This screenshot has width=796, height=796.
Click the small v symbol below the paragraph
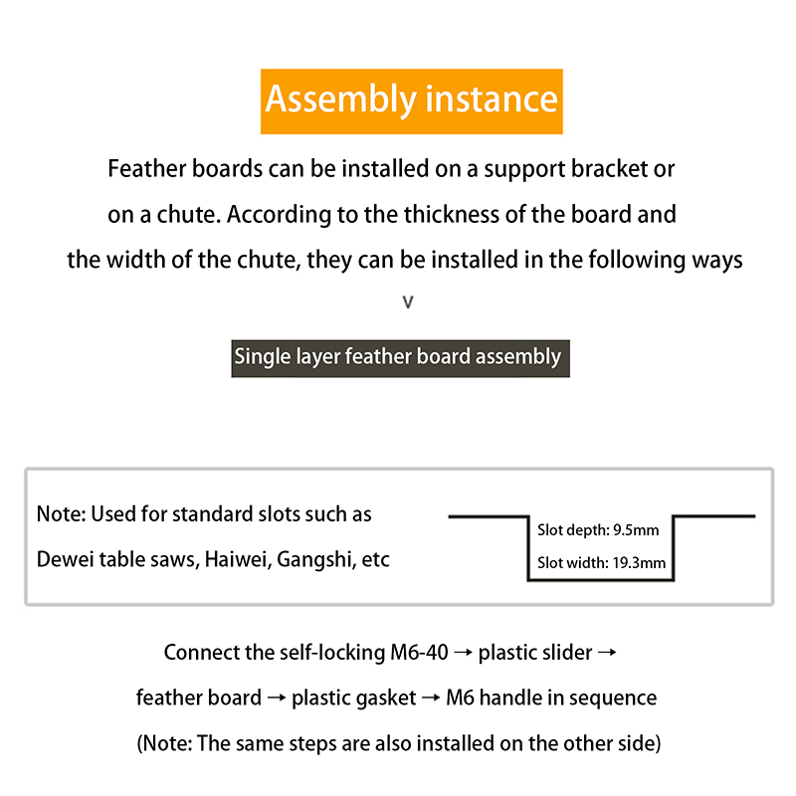pyautogui.click(x=407, y=301)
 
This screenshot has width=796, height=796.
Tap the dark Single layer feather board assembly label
pyautogui.click(x=398, y=356)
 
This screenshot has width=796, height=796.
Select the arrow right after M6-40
pyautogui.click(x=463, y=653)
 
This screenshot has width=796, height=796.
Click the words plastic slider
pyautogui.click(x=535, y=653)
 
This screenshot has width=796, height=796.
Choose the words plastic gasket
pyautogui.click(x=354, y=697)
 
